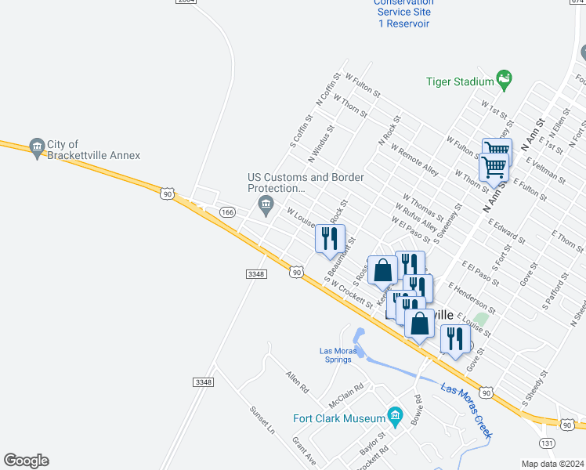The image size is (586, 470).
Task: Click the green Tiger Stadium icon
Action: click(505, 80)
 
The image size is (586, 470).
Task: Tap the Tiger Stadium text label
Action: click(460, 81)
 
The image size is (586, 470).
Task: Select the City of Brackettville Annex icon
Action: click(36, 147)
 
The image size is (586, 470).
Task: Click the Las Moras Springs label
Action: click(338, 355)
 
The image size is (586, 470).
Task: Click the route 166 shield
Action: click(227, 212)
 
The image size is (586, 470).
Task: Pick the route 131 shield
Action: click(548, 443)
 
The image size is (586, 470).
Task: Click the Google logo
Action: click(26, 461)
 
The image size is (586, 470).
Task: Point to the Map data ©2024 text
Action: click(553, 464)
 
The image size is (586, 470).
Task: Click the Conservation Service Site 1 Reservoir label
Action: click(403, 13)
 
